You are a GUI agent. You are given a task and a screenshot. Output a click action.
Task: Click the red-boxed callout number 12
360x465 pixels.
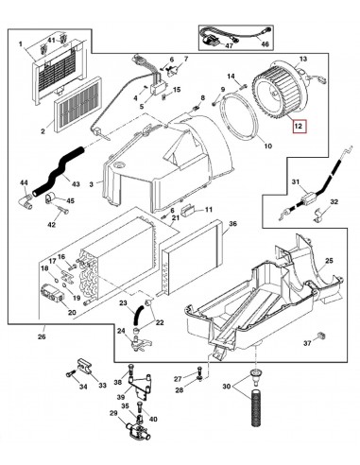point(299,127)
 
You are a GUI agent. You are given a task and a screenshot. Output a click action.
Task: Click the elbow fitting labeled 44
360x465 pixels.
point(26,201)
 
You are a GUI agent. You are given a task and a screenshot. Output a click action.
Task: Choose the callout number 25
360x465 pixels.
point(329,261)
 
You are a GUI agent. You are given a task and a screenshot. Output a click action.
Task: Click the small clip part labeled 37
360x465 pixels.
point(322,335)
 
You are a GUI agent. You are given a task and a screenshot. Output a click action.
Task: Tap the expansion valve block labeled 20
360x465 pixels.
point(52,293)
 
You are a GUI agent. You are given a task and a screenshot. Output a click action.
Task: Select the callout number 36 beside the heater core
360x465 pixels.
point(232,224)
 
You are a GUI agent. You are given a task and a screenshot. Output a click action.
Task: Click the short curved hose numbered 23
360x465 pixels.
point(137,316)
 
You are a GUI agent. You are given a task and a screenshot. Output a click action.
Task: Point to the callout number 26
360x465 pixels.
point(42,336)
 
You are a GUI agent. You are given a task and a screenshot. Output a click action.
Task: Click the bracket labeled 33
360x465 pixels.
point(83,367)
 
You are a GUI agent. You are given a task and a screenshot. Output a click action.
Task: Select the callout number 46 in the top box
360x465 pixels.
point(266,44)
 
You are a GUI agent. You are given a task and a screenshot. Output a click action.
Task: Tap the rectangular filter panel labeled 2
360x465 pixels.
point(78,104)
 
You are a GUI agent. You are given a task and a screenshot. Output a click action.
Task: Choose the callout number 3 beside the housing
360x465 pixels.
point(92,184)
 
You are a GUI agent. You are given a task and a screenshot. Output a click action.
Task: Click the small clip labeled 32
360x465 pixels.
point(318,215)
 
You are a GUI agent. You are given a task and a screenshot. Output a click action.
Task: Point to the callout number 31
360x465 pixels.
point(296,182)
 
